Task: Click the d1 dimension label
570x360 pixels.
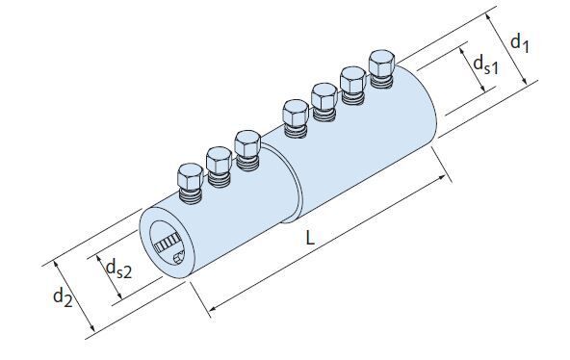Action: click(x=520, y=44)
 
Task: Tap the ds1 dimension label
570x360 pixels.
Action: click(x=485, y=65)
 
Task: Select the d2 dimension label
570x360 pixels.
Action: click(x=63, y=297)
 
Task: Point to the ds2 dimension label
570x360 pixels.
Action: click(x=118, y=270)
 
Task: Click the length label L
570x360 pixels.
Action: click(x=309, y=239)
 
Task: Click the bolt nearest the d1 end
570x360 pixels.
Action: click(x=381, y=68)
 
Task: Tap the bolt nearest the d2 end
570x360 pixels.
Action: click(x=191, y=183)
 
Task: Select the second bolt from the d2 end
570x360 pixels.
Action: click(x=220, y=167)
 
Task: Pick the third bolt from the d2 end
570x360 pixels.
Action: click(x=247, y=150)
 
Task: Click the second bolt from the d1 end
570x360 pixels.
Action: click(x=352, y=86)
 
